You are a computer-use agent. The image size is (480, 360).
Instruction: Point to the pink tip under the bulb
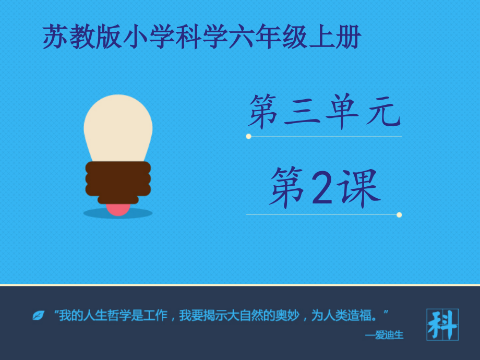[x=118, y=209]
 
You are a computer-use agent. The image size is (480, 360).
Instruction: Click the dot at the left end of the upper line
[x=248, y=136]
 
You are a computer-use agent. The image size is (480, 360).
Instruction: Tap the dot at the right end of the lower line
[x=399, y=214]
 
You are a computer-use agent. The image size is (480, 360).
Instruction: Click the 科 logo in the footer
[x=442, y=325]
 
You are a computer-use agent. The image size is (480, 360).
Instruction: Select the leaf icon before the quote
[x=38, y=315]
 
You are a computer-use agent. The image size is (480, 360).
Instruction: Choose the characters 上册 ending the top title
[x=334, y=38]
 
